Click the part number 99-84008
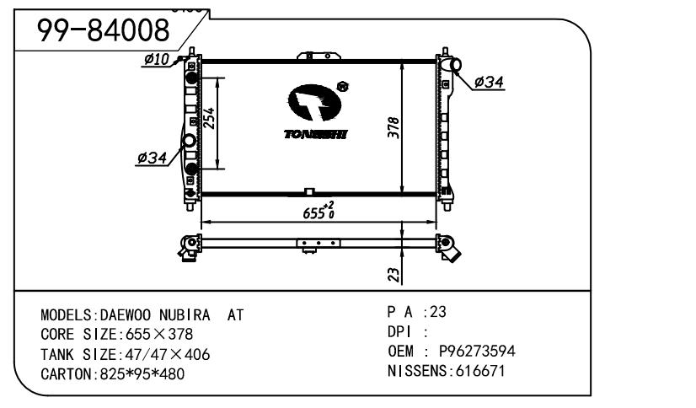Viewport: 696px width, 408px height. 104,30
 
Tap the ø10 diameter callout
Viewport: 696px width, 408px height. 156,59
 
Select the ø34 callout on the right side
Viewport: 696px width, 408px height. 489,82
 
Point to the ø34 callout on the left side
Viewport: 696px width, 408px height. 152,158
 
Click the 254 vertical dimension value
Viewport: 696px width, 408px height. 209,119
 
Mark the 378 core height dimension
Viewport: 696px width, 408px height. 394,128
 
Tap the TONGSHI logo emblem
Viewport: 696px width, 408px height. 314,103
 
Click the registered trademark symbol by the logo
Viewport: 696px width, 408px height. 343,86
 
